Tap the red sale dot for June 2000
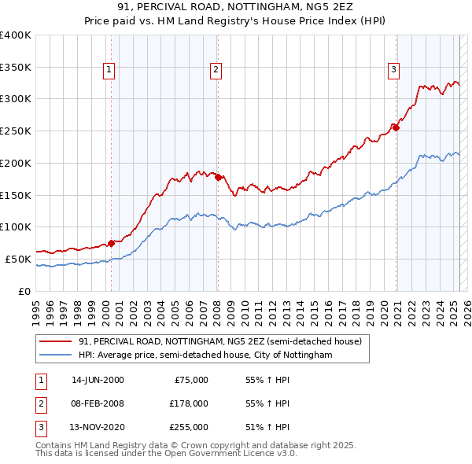click(111, 243)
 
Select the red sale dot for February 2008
click(218, 177)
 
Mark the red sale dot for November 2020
click(396, 127)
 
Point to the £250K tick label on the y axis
click(15, 131)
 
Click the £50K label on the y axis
click(18, 259)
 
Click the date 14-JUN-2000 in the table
click(98, 380)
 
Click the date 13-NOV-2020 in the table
click(98, 427)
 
